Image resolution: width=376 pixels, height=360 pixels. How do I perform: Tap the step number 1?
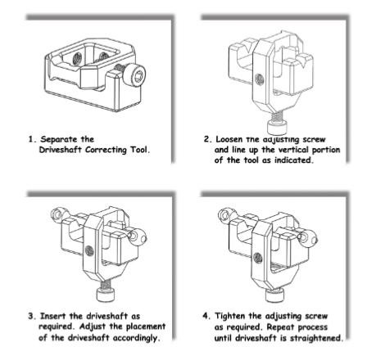point(32,139)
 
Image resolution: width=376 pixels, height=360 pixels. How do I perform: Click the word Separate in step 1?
point(59,139)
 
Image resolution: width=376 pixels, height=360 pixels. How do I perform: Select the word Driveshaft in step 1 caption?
point(61,150)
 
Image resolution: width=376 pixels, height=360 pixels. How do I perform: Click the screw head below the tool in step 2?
point(278,128)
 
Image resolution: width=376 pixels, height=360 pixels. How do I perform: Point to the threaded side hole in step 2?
point(259,79)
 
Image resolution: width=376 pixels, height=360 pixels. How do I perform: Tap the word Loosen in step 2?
point(229,139)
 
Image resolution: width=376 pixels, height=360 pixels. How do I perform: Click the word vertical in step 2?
point(296,150)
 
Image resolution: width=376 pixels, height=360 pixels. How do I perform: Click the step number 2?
point(207,139)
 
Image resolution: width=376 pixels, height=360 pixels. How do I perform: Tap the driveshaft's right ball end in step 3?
point(138,236)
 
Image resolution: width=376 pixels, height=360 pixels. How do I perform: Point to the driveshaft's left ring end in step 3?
point(57,214)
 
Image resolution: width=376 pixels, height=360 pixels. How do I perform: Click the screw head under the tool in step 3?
point(106,295)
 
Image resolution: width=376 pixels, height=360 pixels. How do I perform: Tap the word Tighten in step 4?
point(230,316)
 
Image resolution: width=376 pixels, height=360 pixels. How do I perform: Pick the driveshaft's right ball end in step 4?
point(307,237)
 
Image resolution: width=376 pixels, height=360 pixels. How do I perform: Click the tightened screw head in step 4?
point(274,295)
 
